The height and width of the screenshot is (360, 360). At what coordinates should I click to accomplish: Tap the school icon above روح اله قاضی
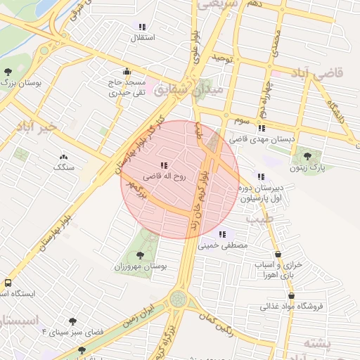click(164, 166)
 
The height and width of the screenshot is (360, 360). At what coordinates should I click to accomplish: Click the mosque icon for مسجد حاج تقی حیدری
click(127, 71)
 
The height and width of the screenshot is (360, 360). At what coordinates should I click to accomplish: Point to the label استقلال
click(143, 37)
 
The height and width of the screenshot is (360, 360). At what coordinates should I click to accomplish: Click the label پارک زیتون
click(307, 168)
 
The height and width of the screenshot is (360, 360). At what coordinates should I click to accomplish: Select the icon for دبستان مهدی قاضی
click(262, 129)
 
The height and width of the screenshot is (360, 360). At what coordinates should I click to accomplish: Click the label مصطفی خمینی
click(223, 246)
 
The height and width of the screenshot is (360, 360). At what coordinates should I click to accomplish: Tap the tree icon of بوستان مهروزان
click(140, 256)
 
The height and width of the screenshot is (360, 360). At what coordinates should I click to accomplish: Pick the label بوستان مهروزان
click(140, 268)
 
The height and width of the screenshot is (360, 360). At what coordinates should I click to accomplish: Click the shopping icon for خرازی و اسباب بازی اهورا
click(278, 254)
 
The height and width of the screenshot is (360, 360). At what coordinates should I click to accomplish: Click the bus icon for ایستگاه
click(8, 282)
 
